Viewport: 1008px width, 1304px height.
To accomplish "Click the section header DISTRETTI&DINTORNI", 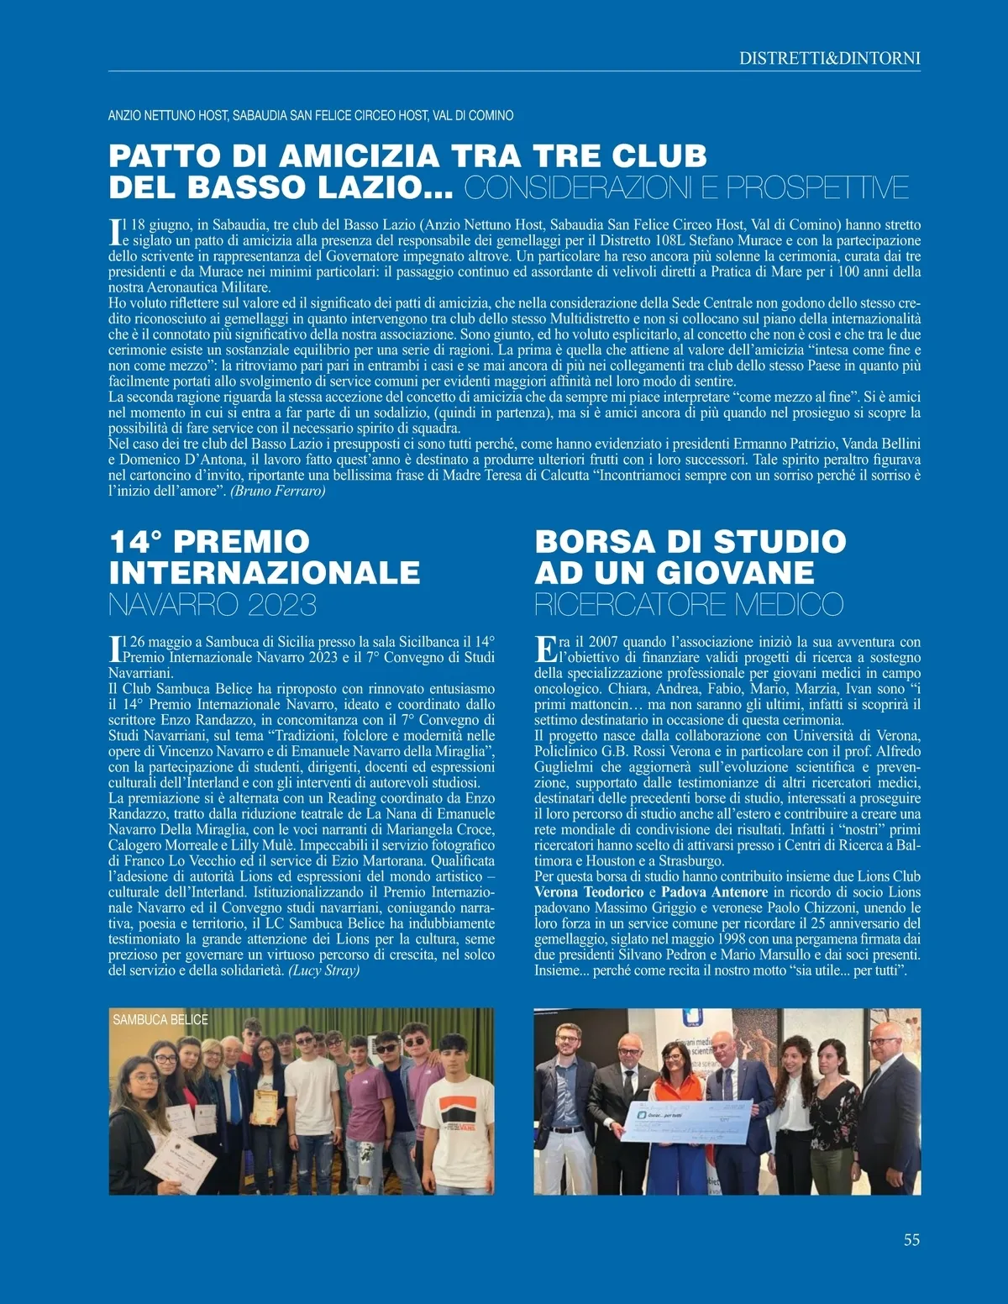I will tap(829, 58).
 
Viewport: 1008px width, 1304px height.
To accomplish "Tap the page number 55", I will tap(911, 1240).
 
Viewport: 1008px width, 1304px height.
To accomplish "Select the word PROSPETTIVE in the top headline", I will tap(817, 187).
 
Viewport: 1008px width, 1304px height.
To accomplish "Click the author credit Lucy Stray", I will tap(324, 970).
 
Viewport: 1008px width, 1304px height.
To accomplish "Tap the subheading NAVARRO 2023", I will tap(212, 604).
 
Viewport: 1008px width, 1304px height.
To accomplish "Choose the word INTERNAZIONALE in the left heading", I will tap(264, 573).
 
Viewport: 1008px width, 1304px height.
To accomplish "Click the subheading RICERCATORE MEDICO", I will tap(688, 604).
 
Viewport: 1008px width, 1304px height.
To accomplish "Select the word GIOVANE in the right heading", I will tap(735, 573).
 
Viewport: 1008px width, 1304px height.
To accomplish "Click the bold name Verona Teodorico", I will tap(589, 892).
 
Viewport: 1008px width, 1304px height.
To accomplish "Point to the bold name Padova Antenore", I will tap(714, 892).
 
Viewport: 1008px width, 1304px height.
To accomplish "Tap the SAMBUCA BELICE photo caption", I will tap(160, 1020).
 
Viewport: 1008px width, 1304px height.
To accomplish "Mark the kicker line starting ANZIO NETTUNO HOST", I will tap(311, 115).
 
